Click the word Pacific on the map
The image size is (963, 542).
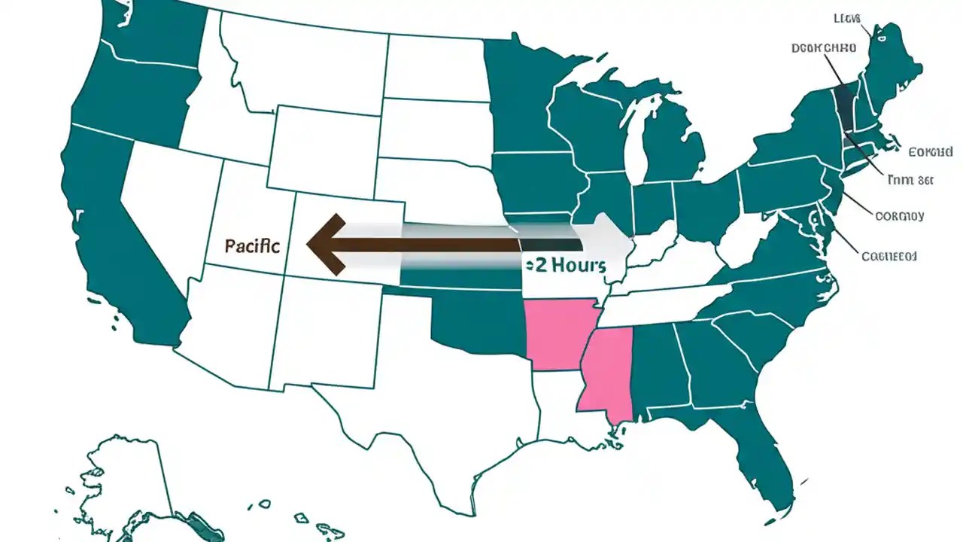(251, 246)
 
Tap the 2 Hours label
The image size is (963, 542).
(565, 265)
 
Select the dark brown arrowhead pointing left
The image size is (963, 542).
(326, 244)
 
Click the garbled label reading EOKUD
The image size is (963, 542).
(930, 152)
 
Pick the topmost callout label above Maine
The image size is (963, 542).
(847, 18)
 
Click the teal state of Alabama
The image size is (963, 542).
(653, 369)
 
